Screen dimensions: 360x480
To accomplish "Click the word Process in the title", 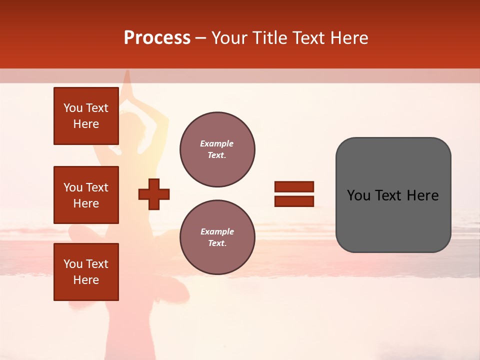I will pos(157,38).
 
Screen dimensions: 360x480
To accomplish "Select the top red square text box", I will pos(86,116).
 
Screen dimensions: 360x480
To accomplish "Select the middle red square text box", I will pos(86,195).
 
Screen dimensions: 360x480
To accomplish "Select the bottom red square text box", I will pos(86,272).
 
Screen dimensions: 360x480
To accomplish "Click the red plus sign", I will pos(154,194).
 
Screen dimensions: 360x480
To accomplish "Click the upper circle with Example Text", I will pos(217,149).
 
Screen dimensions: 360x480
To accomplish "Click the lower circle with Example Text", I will pos(217,237).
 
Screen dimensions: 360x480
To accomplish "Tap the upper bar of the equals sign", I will pos(294,186).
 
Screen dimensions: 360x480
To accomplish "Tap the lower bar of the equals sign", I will pos(294,201).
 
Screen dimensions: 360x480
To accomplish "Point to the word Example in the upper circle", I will pos(216,143).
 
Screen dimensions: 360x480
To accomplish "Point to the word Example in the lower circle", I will pos(216,231).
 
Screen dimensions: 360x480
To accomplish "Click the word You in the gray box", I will pos(358,195).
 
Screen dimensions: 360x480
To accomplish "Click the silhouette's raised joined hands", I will pos(127,85).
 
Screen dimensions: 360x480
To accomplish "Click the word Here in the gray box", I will pos(423,195).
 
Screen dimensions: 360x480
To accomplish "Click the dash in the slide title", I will pos(200,38).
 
